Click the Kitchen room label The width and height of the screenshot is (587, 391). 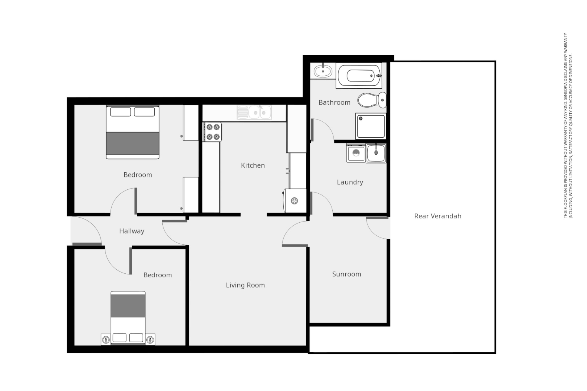[253, 165]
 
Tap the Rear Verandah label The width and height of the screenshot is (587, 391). [438, 216]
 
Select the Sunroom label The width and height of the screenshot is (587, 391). [346, 274]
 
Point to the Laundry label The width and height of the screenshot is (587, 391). [350, 182]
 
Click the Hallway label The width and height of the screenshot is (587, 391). [132, 231]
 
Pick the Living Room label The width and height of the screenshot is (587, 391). [245, 285]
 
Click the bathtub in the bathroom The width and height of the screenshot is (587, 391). [359, 76]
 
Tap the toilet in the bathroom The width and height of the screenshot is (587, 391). [372, 100]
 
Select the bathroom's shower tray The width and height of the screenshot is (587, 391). [371, 126]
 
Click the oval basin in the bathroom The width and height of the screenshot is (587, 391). [322, 71]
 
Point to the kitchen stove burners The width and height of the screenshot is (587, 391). [213, 132]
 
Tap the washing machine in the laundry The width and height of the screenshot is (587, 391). [356, 153]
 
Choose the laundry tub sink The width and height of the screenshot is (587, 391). [376, 153]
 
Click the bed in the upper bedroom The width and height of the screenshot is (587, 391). [133, 132]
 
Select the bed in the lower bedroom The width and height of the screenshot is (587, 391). [128, 318]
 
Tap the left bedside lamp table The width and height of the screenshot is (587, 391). [106, 340]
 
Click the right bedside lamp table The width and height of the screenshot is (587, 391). [150, 340]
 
